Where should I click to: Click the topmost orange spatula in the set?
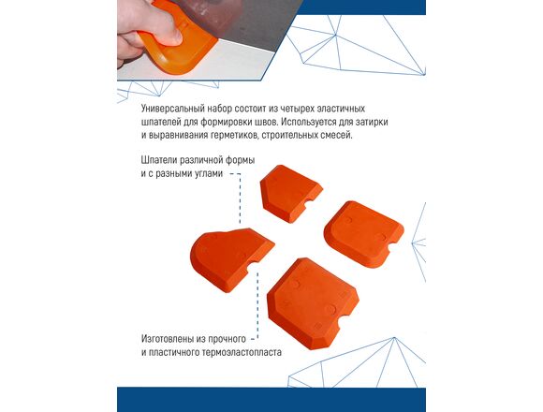290,193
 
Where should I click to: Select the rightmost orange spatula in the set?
363,234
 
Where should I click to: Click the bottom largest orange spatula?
313,303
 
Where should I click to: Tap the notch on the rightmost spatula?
394,248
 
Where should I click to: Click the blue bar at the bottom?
271,400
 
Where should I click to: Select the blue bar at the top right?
361,7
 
